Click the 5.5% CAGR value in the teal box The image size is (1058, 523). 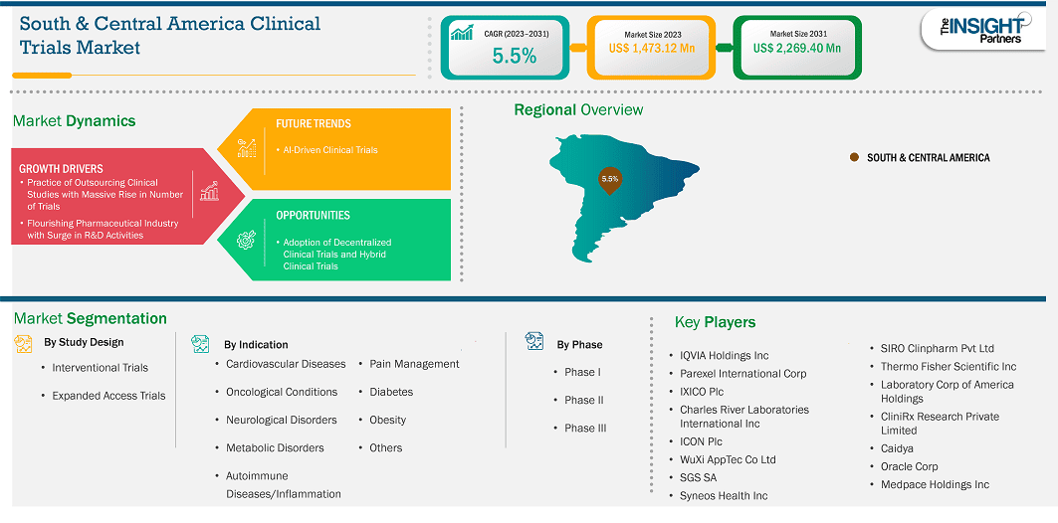[x=515, y=57]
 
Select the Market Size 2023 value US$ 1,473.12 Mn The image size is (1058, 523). [x=651, y=48]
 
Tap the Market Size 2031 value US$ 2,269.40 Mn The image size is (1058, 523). [x=797, y=48]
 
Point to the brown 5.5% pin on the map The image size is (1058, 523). [x=609, y=180]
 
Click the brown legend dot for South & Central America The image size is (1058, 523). [x=854, y=157]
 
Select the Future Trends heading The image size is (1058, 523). [x=314, y=124]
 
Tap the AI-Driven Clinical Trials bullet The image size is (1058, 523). [x=326, y=149]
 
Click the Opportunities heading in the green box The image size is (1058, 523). [x=314, y=216]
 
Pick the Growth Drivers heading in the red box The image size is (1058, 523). [x=61, y=168]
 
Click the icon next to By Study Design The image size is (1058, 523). [x=23, y=344]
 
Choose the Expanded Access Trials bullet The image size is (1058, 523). [x=108, y=396]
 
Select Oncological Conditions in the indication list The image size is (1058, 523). [x=282, y=392]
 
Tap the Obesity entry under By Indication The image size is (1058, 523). [x=387, y=420]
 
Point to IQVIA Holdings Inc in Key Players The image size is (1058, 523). [x=724, y=355]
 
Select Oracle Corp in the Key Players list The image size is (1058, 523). [x=909, y=466]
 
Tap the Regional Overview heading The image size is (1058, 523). [x=579, y=109]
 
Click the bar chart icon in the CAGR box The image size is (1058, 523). [x=462, y=32]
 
